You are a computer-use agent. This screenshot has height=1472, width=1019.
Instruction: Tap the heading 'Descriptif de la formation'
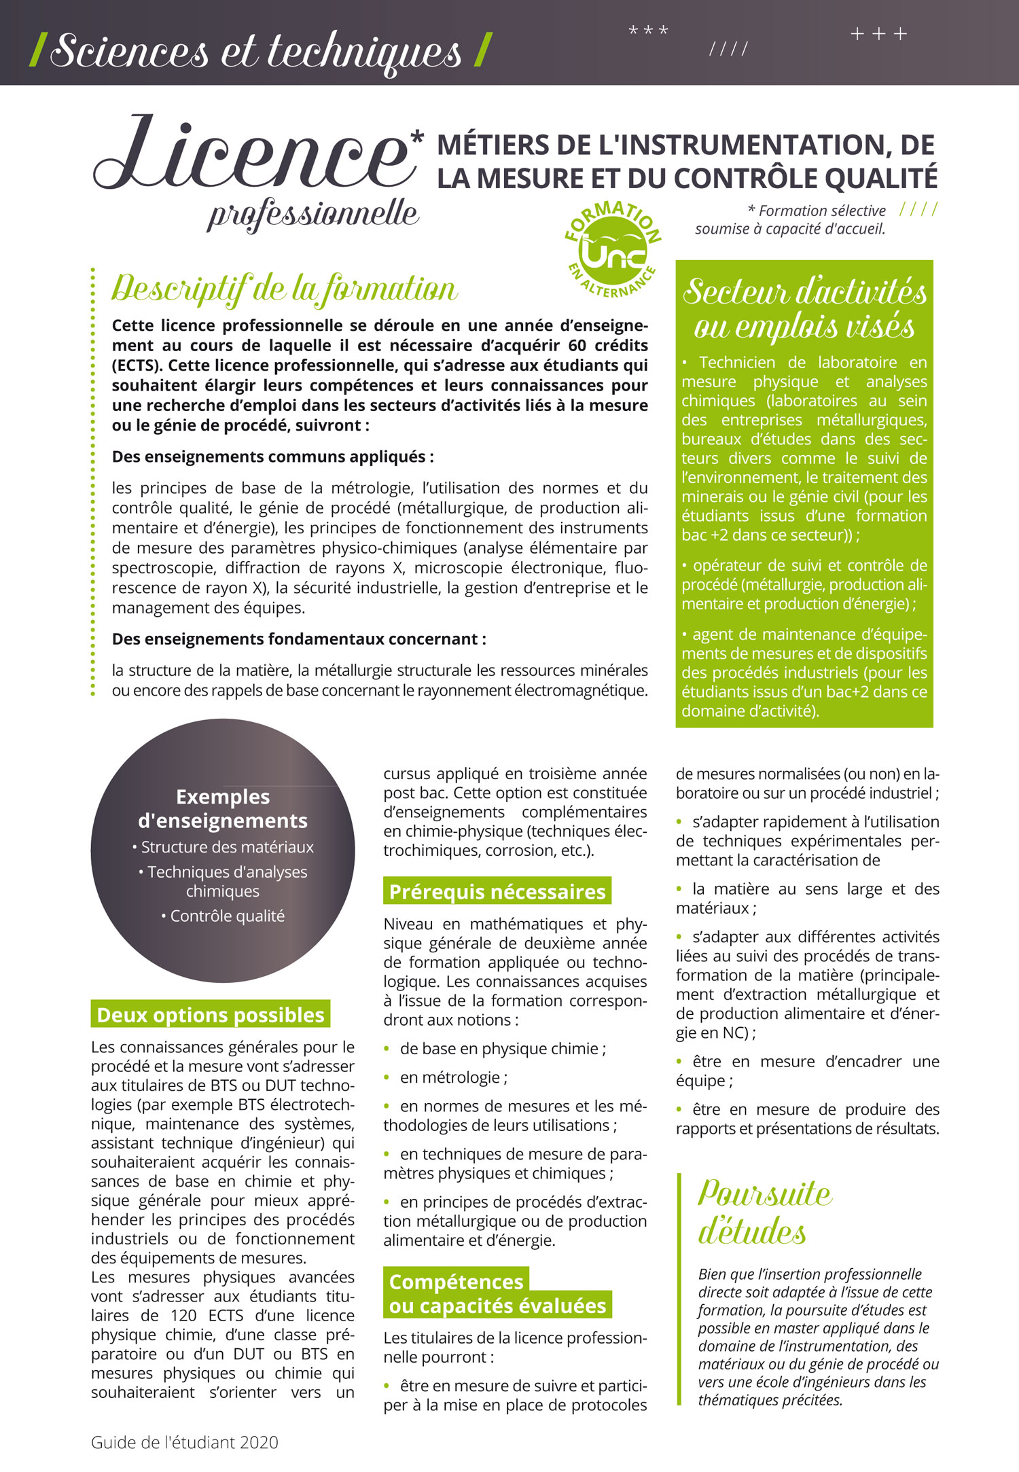(284, 289)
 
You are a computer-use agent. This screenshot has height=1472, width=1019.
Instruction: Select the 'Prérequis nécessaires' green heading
(497, 891)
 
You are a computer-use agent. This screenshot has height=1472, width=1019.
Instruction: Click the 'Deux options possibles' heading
(211, 1014)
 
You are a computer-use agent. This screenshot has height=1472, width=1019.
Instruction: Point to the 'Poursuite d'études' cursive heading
(764, 1213)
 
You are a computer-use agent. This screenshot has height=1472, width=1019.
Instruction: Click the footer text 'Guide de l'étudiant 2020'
(185, 1442)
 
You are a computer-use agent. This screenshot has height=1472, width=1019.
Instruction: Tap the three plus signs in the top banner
(878, 34)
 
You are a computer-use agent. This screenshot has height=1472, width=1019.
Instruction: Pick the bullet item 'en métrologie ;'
(453, 1077)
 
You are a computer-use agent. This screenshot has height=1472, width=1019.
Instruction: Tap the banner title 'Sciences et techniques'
(255, 51)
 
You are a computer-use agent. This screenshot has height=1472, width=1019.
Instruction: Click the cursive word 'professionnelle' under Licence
(313, 215)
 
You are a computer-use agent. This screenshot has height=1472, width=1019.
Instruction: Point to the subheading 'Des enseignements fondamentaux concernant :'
(299, 639)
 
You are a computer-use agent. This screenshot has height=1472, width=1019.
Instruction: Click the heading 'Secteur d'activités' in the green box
(805, 292)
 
